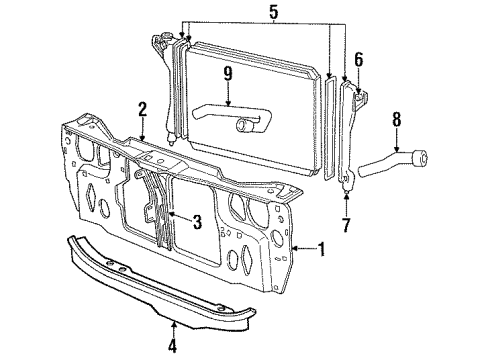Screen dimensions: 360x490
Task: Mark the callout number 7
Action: pyautogui.click(x=346, y=224)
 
